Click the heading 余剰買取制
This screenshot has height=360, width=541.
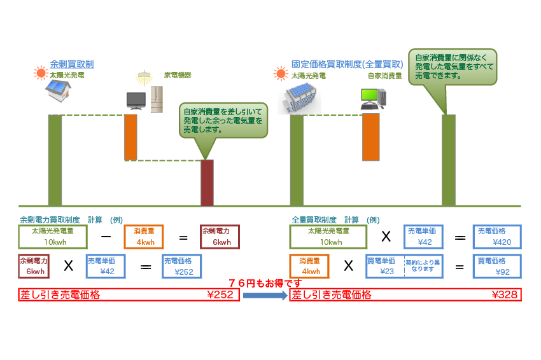(x=72, y=64)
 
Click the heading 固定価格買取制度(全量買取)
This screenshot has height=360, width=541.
(x=347, y=64)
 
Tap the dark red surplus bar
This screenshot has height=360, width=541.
(x=207, y=183)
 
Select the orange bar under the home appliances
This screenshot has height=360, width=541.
(x=130, y=137)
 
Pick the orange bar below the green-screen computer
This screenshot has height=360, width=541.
(x=370, y=137)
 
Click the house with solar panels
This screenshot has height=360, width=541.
(x=58, y=91)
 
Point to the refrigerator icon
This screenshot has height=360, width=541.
(x=157, y=99)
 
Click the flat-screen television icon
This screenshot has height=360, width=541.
(x=136, y=101)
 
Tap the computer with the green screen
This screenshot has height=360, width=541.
(x=374, y=99)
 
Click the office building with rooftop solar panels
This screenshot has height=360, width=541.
(x=299, y=98)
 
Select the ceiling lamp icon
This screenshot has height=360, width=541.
(x=144, y=78)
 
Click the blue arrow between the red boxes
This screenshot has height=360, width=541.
(x=265, y=296)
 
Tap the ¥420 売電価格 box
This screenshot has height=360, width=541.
(x=497, y=237)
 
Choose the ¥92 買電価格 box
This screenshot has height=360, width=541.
(x=497, y=267)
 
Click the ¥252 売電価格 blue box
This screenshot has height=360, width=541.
(x=182, y=267)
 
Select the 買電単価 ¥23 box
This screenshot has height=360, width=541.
(x=404, y=267)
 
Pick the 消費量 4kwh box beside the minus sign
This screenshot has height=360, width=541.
(x=144, y=237)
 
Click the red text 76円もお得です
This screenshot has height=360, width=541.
(x=265, y=284)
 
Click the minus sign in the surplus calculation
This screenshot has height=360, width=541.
(x=106, y=237)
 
